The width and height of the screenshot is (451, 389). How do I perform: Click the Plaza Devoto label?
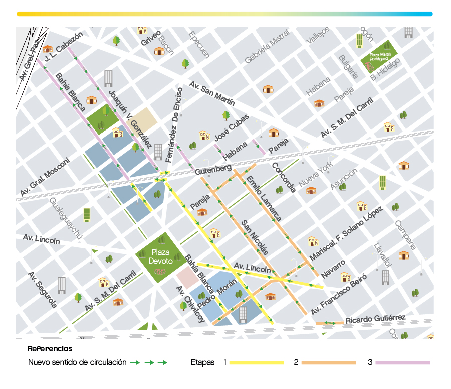(x=160, y=256)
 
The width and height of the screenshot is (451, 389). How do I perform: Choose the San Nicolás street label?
(x=255, y=237)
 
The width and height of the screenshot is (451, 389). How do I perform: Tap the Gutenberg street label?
(x=213, y=169)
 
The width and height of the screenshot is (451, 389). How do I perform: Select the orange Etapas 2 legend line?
(x=329, y=362)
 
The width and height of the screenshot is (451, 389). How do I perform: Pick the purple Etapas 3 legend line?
(x=403, y=362)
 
